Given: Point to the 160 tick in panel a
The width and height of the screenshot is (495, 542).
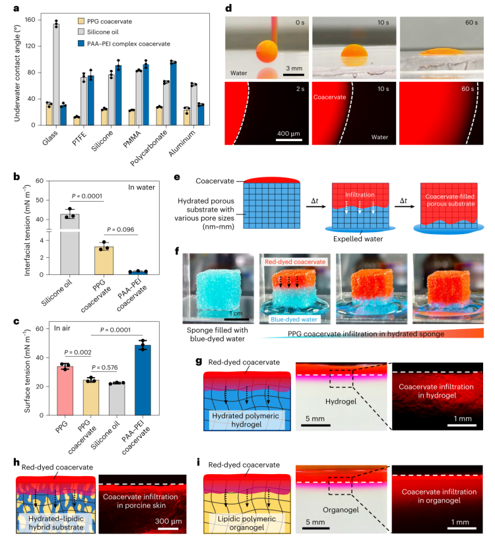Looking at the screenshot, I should tap(29, 20).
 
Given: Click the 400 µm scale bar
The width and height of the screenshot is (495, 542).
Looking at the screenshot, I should tap(289, 140).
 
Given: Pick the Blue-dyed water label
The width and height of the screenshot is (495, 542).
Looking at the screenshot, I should tap(291, 318).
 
